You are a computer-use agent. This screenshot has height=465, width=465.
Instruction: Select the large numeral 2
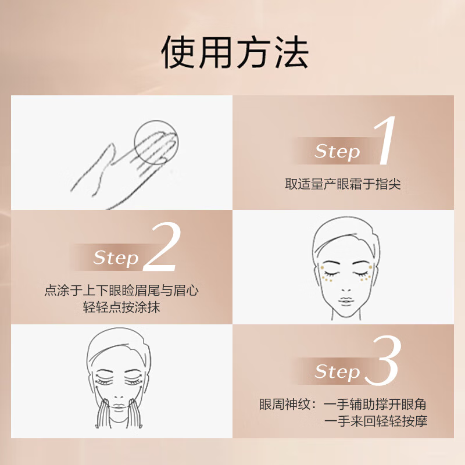click(x=162, y=248)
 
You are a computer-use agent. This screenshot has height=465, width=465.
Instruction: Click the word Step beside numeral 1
click(x=337, y=152)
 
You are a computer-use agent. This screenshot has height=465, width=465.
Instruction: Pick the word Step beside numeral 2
click(x=116, y=257)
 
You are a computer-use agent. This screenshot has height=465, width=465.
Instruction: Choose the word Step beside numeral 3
click(x=337, y=371)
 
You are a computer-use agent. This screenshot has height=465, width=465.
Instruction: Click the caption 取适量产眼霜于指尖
click(x=343, y=185)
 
